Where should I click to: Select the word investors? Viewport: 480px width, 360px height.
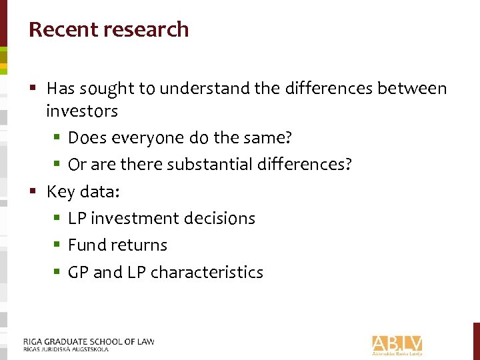[x=81, y=111]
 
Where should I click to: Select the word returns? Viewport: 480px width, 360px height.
[x=139, y=245]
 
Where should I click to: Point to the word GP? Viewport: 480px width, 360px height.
[x=78, y=273]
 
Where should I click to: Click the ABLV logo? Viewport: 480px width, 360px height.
[x=397, y=344]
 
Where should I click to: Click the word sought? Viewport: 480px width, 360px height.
[x=108, y=89]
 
